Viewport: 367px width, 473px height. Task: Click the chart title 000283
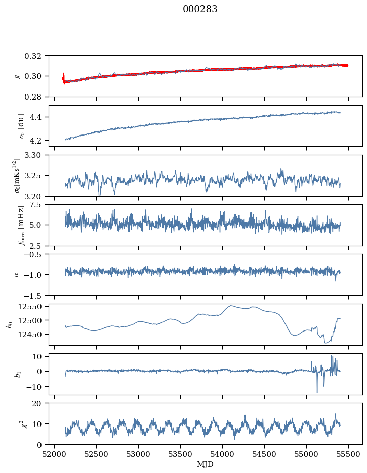tap(199, 9)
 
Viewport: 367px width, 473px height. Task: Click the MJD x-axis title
tap(205, 464)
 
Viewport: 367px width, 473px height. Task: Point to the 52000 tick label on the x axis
tap(54, 455)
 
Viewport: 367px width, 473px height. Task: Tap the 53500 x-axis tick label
tap(180, 455)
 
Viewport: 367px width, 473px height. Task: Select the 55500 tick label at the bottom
tap(348, 455)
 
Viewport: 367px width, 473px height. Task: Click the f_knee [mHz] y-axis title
tap(21, 225)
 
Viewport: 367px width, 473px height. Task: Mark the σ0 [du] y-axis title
tap(21, 126)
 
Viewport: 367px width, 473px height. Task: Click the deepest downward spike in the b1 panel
tap(317, 392)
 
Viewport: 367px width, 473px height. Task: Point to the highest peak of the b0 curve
tap(231, 306)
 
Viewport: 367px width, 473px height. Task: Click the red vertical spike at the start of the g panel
tap(63, 78)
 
